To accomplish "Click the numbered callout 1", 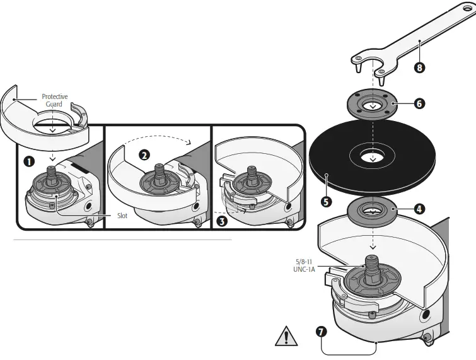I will click(x=28, y=161).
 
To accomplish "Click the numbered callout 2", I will click(x=145, y=154).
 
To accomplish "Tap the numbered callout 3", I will click(x=221, y=221).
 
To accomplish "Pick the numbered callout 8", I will click(x=419, y=66).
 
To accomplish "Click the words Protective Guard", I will click(x=54, y=100).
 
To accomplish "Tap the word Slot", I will click(x=123, y=215).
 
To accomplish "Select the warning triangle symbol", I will click(x=286, y=335).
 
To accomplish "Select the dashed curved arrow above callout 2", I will click(x=158, y=137).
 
